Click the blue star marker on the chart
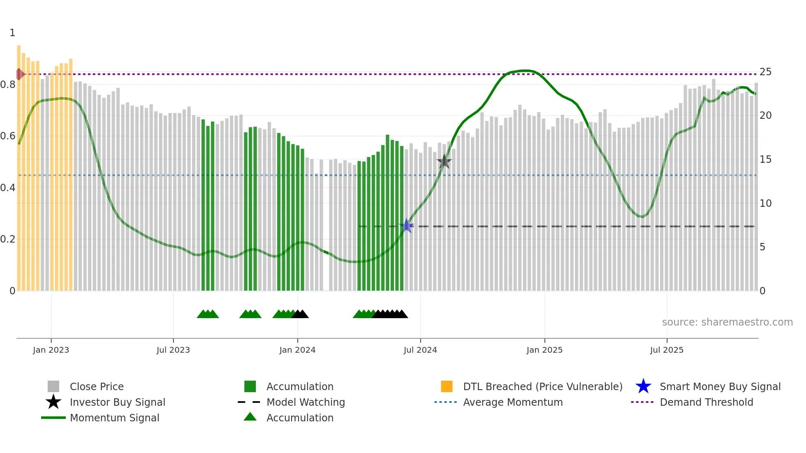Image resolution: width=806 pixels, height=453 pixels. click(x=406, y=226)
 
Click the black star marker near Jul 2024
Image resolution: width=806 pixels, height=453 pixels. click(x=444, y=162)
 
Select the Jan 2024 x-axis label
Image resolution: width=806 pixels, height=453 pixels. click(x=297, y=350)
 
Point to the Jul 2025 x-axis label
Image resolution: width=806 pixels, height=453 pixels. click(x=667, y=350)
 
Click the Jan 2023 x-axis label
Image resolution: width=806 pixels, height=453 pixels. click(x=51, y=350)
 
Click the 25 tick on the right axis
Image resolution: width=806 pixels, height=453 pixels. click(x=765, y=72)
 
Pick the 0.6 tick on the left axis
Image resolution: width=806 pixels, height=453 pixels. click(x=7, y=136)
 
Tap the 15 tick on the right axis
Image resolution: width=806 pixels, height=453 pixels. click(x=765, y=159)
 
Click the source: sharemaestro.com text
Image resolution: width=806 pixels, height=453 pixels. click(x=727, y=322)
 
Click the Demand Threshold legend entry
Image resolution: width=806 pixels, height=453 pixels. click(x=706, y=402)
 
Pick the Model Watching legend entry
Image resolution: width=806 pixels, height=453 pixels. click(x=306, y=402)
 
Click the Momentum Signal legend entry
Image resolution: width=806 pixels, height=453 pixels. click(x=114, y=418)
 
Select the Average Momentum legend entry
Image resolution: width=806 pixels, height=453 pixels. click(x=512, y=402)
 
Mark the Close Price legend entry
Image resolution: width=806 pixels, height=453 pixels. click(x=97, y=386)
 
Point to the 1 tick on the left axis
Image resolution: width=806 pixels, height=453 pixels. click(x=12, y=33)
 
